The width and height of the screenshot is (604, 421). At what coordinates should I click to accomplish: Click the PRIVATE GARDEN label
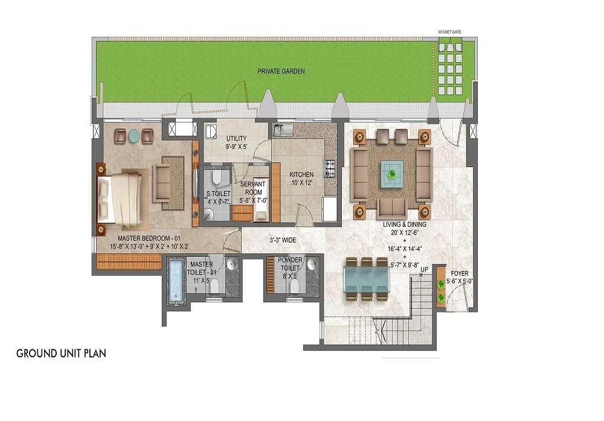click(x=281, y=71)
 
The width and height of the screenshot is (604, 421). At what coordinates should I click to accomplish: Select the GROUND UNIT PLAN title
click(x=61, y=353)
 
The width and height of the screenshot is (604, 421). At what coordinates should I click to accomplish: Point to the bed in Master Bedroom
click(x=124, y=197)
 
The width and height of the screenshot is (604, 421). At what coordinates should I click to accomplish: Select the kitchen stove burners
click(x=330, y=168)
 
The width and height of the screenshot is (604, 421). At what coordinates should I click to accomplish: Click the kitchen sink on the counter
click(x=282, y=129)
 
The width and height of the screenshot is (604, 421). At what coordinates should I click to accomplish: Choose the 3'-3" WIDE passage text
click(x=282, y=240)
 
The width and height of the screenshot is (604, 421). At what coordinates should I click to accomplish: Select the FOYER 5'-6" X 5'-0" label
click(x=459, y=276)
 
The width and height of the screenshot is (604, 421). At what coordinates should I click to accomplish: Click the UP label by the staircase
click(x=425, y=269)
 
